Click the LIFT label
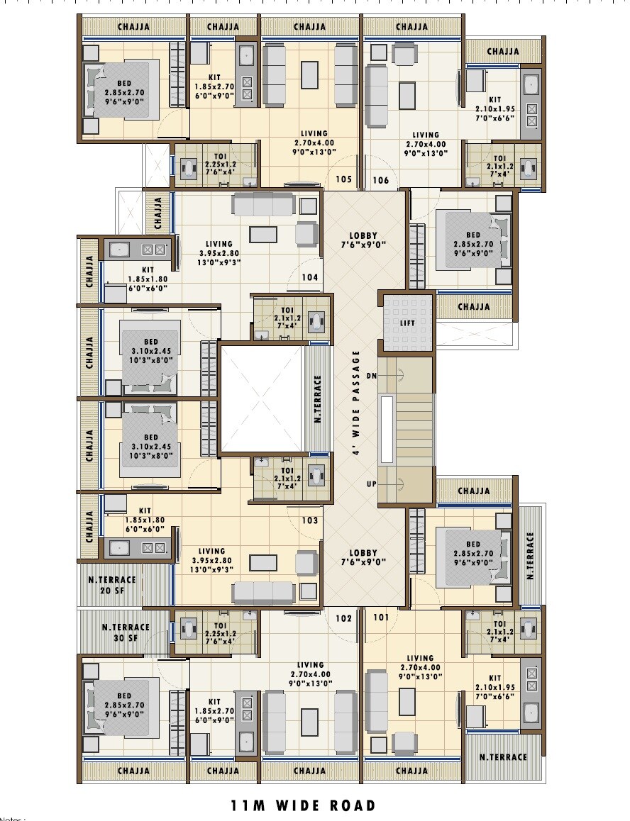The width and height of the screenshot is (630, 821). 407,323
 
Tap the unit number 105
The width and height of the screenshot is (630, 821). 343,179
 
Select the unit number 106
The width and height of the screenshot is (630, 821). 381,180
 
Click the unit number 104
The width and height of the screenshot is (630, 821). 309,278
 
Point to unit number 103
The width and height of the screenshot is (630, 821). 309,520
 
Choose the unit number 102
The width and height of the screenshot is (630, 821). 343,618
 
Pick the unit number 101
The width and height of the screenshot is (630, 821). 381,617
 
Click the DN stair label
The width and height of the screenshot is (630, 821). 371,375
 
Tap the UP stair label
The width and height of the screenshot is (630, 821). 371,484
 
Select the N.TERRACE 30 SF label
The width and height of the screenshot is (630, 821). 125,632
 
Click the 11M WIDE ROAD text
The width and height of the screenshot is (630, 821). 303,805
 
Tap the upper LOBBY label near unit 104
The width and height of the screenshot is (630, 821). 363,241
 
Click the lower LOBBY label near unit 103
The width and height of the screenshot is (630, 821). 363,557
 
